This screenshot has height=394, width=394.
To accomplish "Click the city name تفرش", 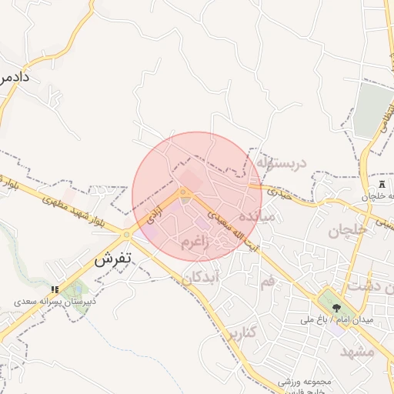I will pyautogui.click(x=113, y=260).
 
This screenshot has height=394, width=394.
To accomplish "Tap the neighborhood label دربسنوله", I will pyautogui.click(x=282, y=163).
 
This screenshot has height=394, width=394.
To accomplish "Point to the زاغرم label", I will pyautogui.click(x=195, y=245).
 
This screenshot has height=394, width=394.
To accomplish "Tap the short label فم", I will pyautogui.click(x=267, y=282).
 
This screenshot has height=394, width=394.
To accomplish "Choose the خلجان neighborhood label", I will pyautogui.click(x=345, y=230).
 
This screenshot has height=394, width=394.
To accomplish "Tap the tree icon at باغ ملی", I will pyautogui.click(x=336, y=306).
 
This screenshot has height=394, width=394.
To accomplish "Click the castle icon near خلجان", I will pyautogui.click(x=383, y=186).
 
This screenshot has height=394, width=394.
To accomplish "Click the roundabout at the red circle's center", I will pyautogui.click(x=183, y=192).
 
